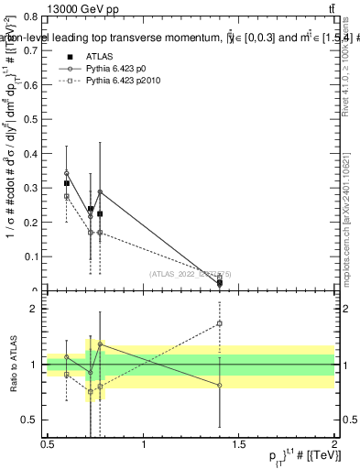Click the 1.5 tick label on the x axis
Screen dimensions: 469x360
240,445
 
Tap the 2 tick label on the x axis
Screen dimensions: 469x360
334,445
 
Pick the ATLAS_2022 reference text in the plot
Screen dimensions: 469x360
191,273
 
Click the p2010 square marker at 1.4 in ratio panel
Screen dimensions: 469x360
220,323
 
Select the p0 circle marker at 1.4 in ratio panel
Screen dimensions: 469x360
220,386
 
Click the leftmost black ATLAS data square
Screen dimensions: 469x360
67,183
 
